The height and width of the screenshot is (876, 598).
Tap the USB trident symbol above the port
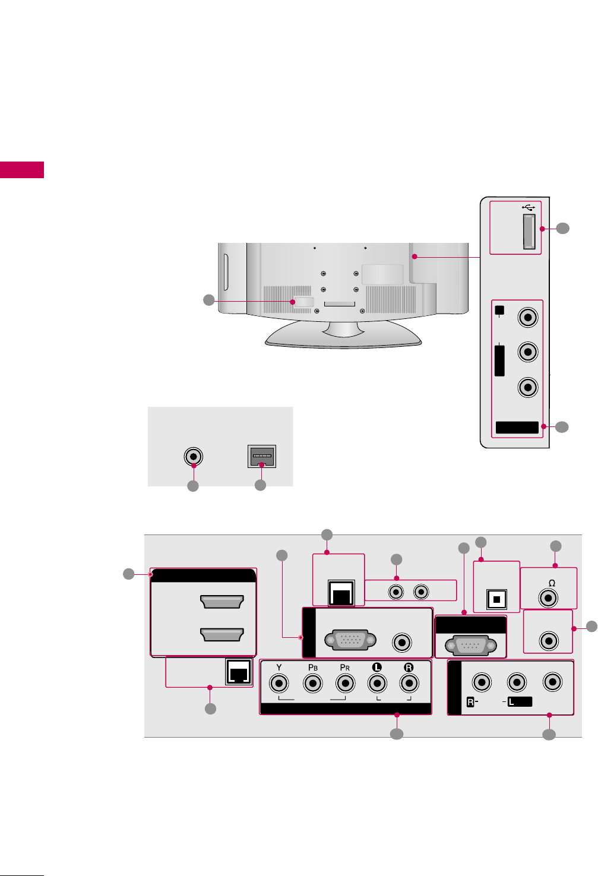pyautogui.click(x=529, y=207)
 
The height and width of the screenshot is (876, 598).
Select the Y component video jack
pyautogui.click(x=279, y=684)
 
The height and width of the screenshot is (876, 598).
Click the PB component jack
pyautogui.click(x=312, y=684)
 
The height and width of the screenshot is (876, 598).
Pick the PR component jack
pyautogui.click(x=345, y=684)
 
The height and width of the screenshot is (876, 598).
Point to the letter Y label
pyautogui.click(x=279, y=667)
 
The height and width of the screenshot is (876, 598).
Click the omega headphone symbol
pyautogui.click(x=552, y=583)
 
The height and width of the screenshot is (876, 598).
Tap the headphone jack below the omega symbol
pyautogui.click(x=548, y=597)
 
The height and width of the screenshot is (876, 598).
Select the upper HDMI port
pyautogui.click(x=222, y=602)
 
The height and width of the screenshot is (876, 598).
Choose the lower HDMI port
pyautogui.click(x=222, y=634)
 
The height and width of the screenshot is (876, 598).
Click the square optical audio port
pyautogui.click(x=496, y=599)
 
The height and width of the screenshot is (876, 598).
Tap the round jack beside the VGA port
pyautogui.click(x=403, y=642)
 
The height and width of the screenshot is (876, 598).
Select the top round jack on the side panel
pyautogui.click(x=527, y=317)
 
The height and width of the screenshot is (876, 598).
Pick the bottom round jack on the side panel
pyautogui.click(x=527, y=387)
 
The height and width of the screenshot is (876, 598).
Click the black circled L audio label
pyautogui.click(x=376, y=667)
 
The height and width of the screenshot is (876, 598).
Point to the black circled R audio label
pyautogui.click(x=409, y=667)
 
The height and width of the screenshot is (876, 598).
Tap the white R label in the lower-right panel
pyautogui.click(x=470, y=702)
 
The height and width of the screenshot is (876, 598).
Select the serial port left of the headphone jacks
pyautogui.click(x=470, y=645)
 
